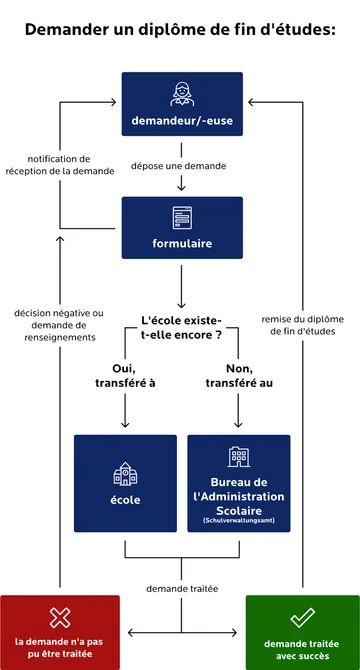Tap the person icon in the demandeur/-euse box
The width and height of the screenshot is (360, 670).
[x=181, y=94]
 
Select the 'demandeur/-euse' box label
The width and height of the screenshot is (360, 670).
[x=181, y=122]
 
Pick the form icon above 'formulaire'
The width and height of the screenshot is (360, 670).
[x=181, y=216]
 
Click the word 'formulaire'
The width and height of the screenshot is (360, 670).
[x=181, y=243]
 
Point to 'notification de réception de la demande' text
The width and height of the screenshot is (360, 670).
[x=59, y=165]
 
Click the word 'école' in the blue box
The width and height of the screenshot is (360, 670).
[x=125, y=499]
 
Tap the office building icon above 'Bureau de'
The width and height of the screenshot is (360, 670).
[x=238, y=457]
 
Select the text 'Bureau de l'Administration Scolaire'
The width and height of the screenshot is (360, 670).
[x=238, y=496]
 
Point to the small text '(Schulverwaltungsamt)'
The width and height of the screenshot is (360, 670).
[x=238, y=521]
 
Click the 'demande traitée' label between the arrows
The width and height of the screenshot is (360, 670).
[x=181, y=588]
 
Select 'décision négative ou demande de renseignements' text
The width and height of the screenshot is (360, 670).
[x=59, y=324]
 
